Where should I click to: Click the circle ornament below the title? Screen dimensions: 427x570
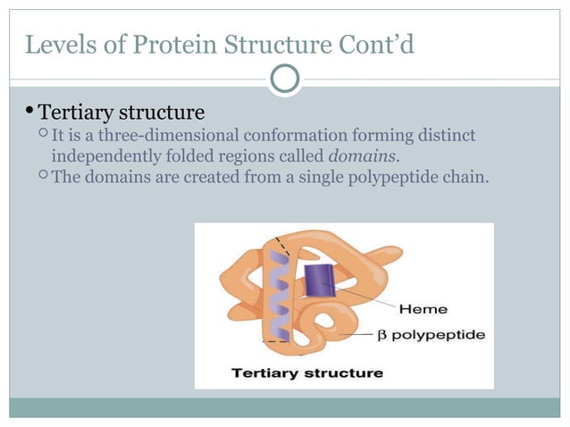coord(285,80)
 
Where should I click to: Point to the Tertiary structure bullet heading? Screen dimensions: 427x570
coord(122,113)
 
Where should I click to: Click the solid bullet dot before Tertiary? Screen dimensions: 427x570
coord(29,112)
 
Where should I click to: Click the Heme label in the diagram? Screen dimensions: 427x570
coord(423,309)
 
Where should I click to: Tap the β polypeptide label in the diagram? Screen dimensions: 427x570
coord(433,335)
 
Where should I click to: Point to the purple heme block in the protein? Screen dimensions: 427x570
coord(317,280)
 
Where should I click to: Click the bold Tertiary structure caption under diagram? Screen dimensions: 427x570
coord(306,373)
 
